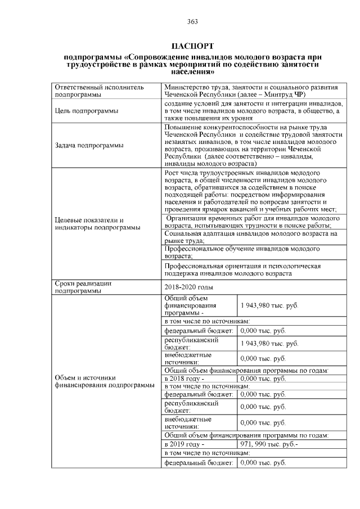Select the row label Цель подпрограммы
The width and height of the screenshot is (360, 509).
point(86,111)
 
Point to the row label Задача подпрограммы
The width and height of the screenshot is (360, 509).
point(89,146)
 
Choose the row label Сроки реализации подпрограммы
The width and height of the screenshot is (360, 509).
point(84,287)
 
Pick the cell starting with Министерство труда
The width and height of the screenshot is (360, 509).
point(251,92)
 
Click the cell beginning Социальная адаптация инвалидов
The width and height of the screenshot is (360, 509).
point(251,236)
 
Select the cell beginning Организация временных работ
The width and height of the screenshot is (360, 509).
point(251,221)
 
